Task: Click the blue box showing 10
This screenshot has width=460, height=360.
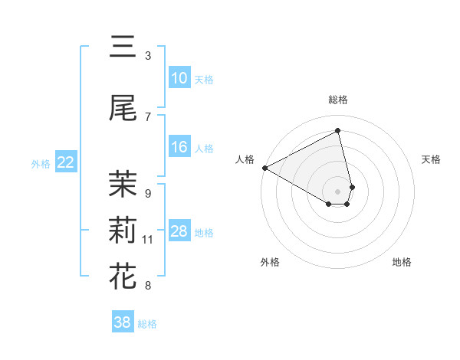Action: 179,78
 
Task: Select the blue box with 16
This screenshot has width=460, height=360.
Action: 179,147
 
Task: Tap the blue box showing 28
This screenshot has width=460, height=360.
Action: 179,231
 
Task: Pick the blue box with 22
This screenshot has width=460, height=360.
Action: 65,162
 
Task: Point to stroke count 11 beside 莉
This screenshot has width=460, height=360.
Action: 148,240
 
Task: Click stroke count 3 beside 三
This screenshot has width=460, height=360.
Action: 148,56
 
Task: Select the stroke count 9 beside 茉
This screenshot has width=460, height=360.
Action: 148,194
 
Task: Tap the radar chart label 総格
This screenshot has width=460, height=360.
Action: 338,100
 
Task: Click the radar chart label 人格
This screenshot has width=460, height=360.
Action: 245,159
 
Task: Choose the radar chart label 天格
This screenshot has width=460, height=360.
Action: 432,159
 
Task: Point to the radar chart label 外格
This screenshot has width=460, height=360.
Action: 270,262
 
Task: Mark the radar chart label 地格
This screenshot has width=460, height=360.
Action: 402,262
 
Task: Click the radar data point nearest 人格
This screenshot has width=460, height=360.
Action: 264,167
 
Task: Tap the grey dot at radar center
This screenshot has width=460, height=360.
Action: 338,190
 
